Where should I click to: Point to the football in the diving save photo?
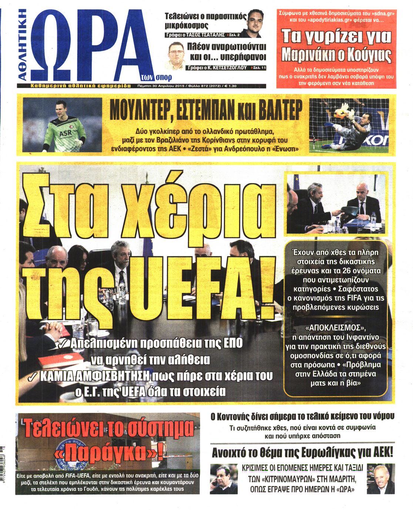(x=340, y=112)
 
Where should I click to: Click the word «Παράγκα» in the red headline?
(x=107, y=452)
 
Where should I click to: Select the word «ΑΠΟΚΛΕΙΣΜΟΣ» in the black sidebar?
(x=336, y=328)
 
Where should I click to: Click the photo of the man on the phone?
(x=224, y=478)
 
